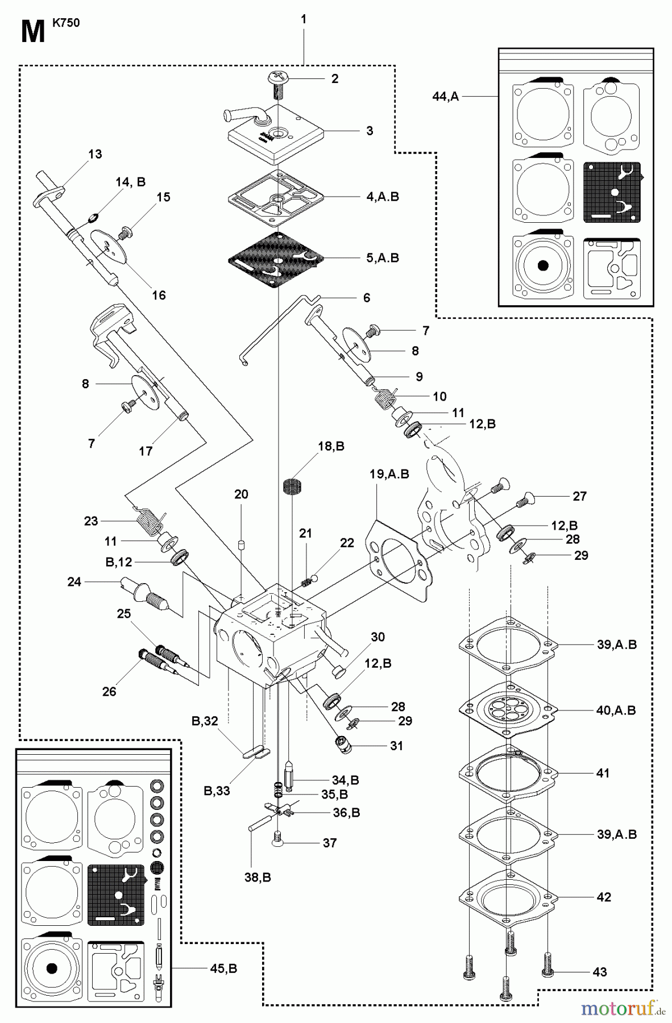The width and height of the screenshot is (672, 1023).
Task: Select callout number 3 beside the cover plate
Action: pos(370,131)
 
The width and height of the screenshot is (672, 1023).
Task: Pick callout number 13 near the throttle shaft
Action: pos(95,154)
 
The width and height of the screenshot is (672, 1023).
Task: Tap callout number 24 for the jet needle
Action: pos(74,582)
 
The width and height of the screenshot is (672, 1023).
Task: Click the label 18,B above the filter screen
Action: pos(331,446)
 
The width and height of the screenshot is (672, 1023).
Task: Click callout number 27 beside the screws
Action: pos(579,496)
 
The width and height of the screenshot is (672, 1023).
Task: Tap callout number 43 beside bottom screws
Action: pos(600,972)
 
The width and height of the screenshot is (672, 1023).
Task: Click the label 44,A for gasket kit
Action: pos(445,97)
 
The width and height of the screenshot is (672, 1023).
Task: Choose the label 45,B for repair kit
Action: pos(223,968)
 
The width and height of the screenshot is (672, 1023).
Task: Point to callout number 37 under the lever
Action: pos(330,843)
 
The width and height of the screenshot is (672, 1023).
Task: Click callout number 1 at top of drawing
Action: pos(304,19)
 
